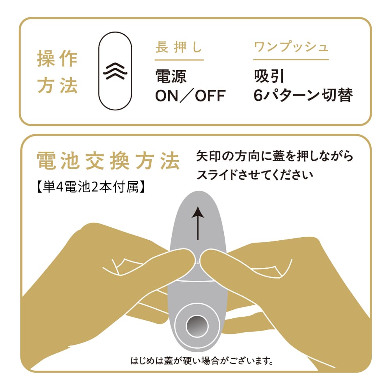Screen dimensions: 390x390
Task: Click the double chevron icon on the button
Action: [115, 71]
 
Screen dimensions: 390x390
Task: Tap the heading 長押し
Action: [179, 47]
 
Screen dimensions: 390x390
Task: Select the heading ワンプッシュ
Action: [291, 47]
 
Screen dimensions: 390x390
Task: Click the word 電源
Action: [171, 76]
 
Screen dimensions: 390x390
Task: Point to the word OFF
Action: [211, 96]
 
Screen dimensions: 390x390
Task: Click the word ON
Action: [167, 96]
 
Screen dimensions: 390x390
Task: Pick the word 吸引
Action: [269, 76]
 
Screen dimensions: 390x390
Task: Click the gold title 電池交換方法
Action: [108, 161]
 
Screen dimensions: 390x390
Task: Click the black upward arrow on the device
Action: [198, 223]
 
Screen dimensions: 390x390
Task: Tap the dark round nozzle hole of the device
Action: [197, 326]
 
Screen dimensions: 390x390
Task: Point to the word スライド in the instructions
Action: [217, 175]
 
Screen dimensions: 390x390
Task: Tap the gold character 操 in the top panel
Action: [46, 59]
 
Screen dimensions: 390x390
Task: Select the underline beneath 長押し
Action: [179, 60]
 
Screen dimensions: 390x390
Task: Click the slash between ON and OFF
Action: [186, 96]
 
